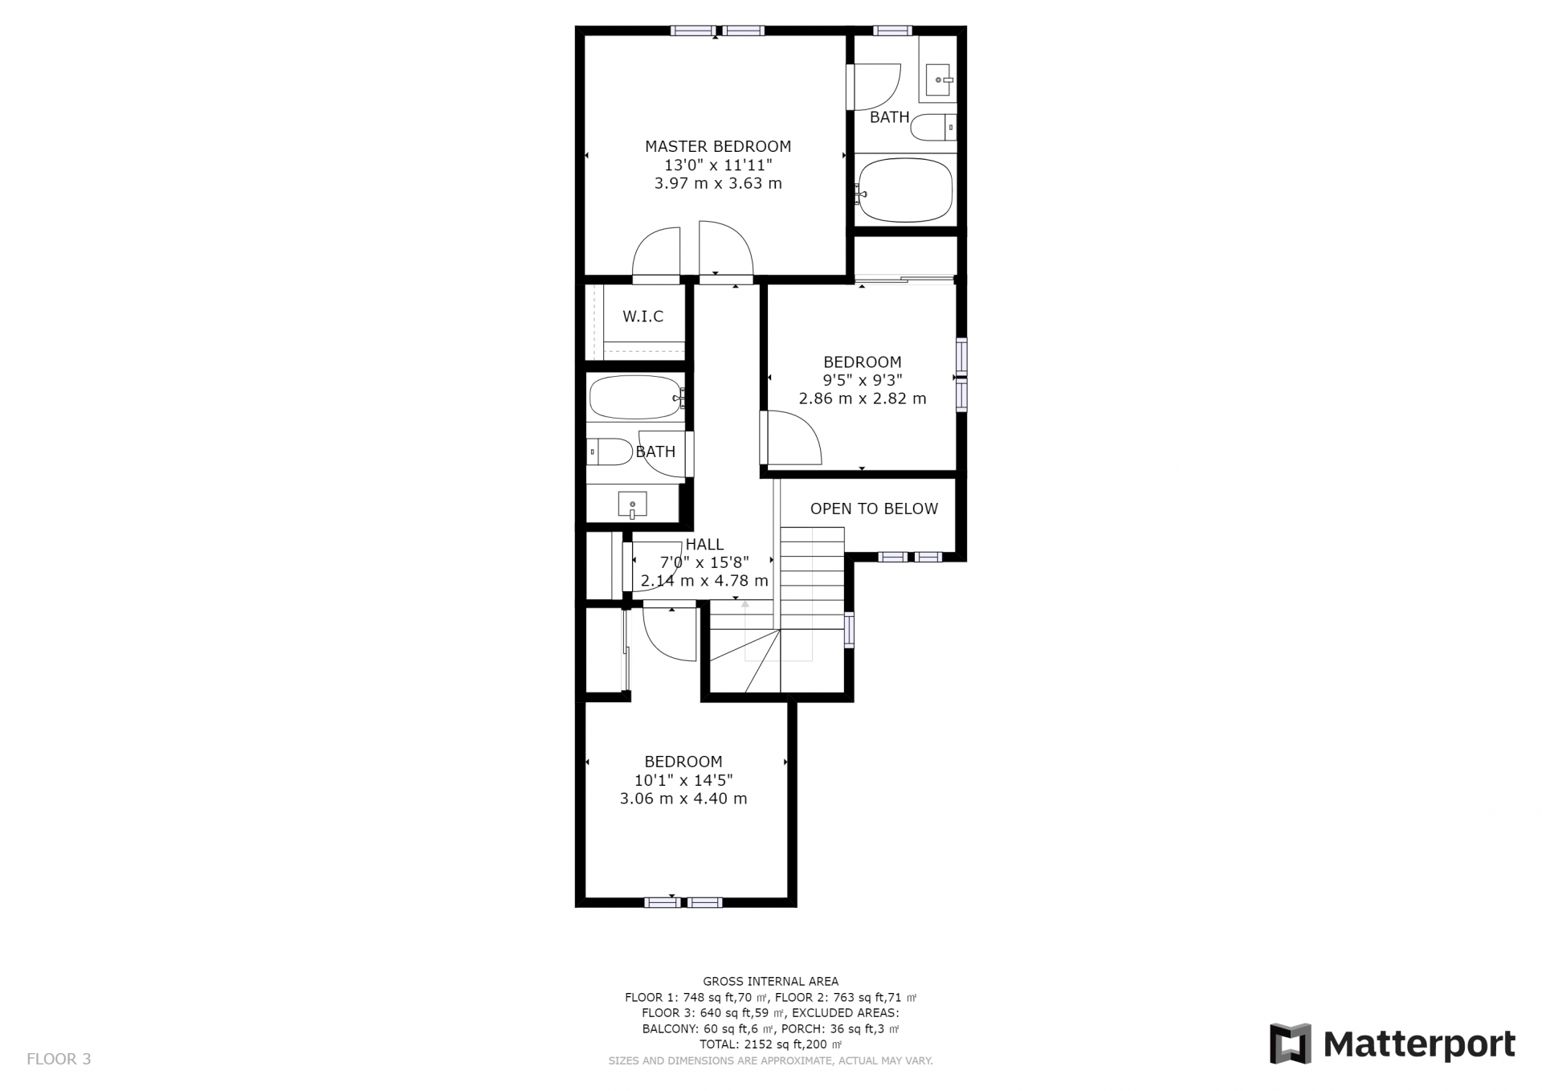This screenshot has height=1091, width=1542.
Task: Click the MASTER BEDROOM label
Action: click(x=718, y=146)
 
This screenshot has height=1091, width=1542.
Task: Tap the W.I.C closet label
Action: click(x=642, y=317)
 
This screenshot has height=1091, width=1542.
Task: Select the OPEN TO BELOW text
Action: click(x=874, y=509)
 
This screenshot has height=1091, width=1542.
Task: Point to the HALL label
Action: click(x=704, y=544)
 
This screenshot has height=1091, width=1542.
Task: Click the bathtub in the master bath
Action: click(x=904, y=191)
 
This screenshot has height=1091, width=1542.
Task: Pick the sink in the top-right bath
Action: click(x=939, y=80)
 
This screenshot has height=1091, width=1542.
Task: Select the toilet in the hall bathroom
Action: click(x=610, y=452)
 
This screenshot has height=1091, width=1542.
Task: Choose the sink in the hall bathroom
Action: click(x=632, y=505)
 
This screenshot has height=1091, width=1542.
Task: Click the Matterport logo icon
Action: click(x=1290, y=1044)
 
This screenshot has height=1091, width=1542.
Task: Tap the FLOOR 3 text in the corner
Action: click(x=59, y=1059)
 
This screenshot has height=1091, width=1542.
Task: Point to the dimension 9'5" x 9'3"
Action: click(x=863, y=380)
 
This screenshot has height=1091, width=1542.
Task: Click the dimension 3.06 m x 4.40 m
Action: click(x=683, y=799)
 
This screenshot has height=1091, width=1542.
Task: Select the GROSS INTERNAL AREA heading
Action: click(x=770, y=981)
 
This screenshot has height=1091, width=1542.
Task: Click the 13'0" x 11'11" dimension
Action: click(x=718, y=165)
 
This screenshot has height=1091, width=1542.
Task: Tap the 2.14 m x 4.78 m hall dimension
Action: click(x=704, y=580)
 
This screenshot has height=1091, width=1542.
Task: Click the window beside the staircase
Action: click(x=849, y=629)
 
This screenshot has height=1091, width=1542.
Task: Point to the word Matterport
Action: click(x=1419, y=1044)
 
